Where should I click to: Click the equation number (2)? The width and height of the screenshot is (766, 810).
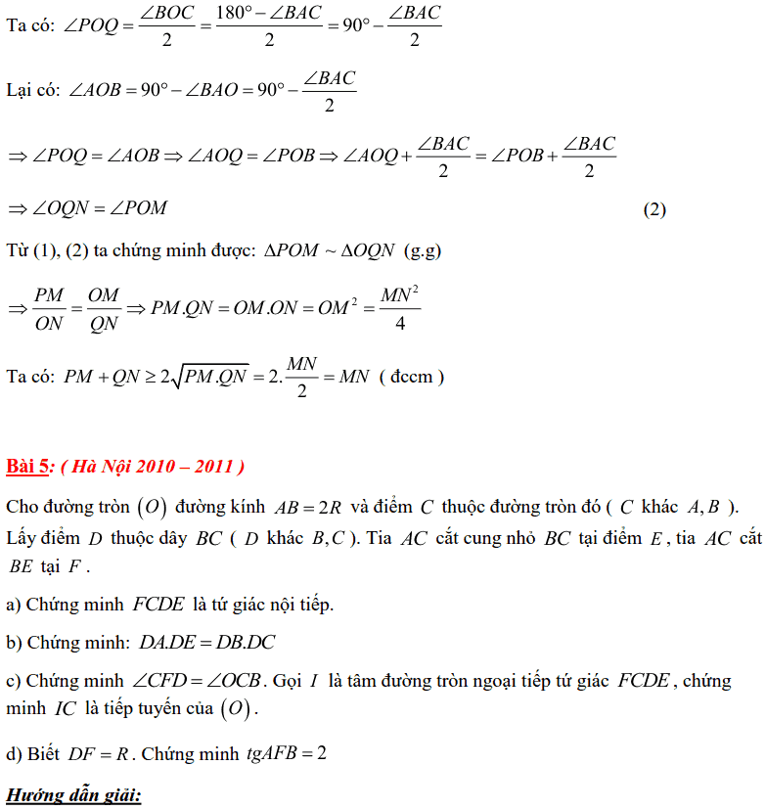coord(654,209)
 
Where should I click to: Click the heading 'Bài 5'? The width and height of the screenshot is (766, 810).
coord(28,466)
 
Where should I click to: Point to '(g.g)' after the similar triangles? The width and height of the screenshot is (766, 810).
coord(423,250)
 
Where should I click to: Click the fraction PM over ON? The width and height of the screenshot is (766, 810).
coord(49,307)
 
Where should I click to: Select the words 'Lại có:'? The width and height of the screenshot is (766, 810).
coord(32,90)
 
